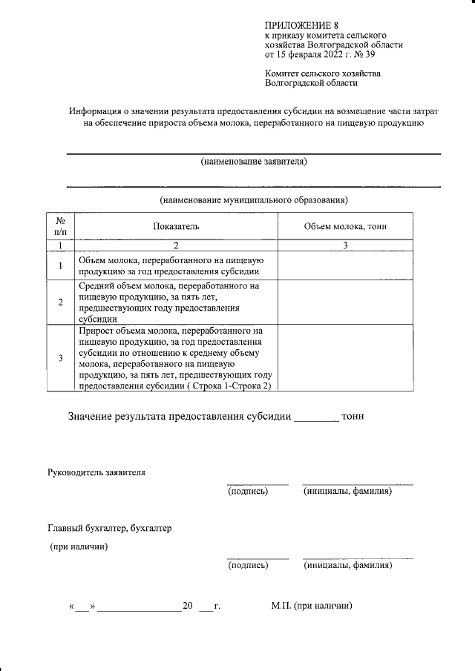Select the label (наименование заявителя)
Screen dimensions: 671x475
point(254,162)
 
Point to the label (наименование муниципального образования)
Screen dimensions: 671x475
point(254,200)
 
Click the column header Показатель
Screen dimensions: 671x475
point(177,226)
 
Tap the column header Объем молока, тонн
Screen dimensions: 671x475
point(345,226)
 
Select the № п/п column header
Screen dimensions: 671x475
point(60,226)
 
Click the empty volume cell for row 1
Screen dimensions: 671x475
point(345,264)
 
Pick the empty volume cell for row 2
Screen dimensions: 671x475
point(345,302)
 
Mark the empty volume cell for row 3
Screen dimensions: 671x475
point(345,358)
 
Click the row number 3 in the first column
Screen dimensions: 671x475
point(60,358)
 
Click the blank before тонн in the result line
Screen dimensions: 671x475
point(317,417)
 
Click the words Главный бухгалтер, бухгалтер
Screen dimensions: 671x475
point(109,529)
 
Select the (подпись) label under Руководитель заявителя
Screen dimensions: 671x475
point(248,492)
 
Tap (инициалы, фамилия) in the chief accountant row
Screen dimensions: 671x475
point(347,566)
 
